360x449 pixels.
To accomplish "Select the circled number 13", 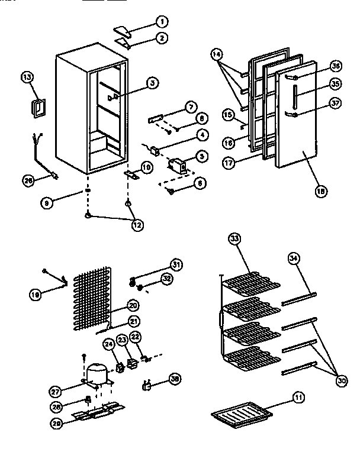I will tap(27, 77).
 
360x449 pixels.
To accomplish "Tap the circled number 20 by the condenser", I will tap(133, 306).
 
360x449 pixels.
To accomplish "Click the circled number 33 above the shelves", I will tap(235, 239).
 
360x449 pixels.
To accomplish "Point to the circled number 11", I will tap(298, 398).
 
